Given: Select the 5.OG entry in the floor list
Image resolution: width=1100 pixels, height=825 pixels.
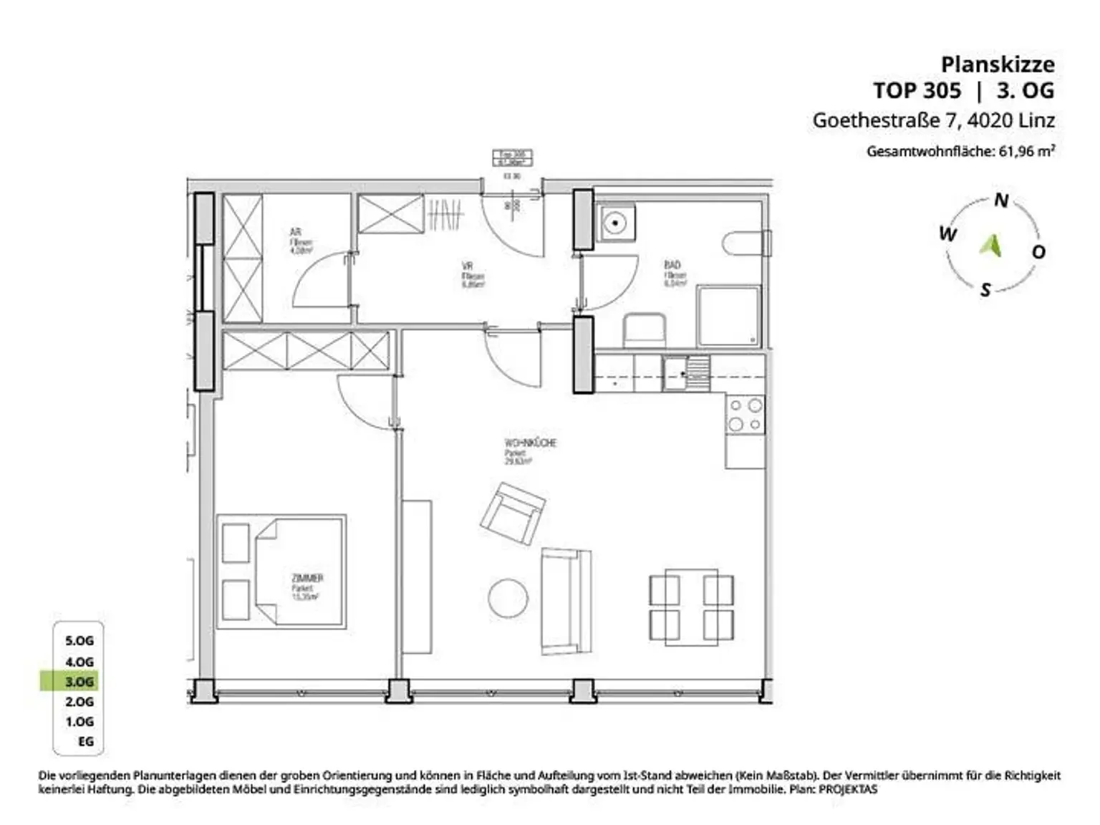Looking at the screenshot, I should tap(79, 640).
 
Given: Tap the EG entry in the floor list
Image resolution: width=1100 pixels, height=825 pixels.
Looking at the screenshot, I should tap(86, 741).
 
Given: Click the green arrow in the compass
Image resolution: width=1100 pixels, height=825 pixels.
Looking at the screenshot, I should tap(991, 245).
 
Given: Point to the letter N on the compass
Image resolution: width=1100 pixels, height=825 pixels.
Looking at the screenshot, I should tap(1001, 201).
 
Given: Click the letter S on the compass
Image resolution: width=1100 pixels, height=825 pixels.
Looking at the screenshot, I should tap(985, 289).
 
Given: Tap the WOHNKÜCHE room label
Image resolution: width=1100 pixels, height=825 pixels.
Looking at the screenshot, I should tap(530, 443).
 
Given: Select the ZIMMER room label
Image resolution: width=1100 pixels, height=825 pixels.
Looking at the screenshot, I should tap(307, 578).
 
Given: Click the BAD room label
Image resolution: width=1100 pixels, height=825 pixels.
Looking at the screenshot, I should tap(672, 265).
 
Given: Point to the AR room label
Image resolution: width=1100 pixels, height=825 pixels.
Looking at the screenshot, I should tap(295, 233).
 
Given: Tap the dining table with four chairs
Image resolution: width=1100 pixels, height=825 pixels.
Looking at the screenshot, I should tap(691, 605).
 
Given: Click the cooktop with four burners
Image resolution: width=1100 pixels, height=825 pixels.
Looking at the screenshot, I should tap(746, 416).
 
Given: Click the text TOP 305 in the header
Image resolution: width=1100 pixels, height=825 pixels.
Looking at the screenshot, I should tap(917, 91).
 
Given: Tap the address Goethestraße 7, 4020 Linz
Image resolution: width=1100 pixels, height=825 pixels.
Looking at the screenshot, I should tap(933, 120).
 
